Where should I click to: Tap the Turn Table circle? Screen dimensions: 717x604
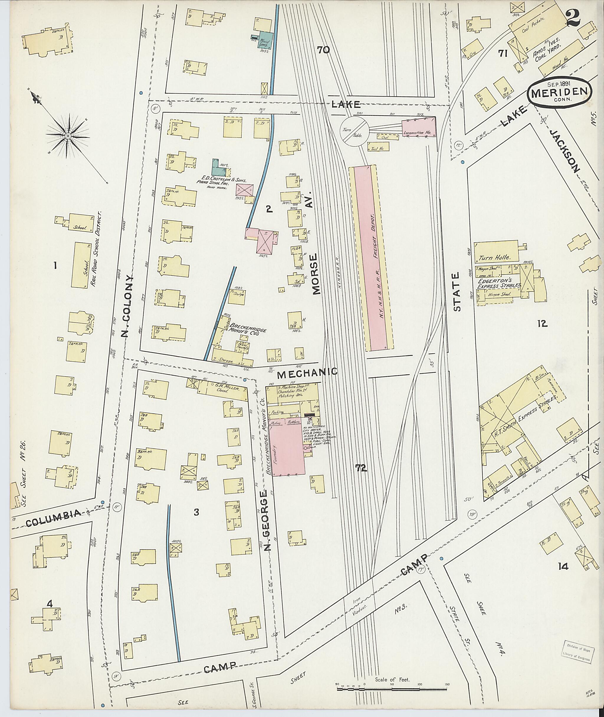[354, 131]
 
